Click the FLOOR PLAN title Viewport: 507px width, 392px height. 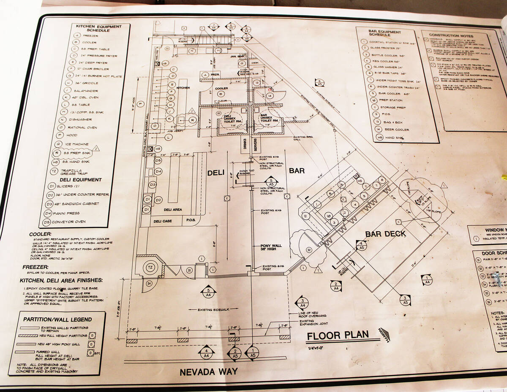(337, 336)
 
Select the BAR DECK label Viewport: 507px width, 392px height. (385, 234)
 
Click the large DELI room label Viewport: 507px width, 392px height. (218, 172)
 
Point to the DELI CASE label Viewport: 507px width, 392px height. (162, 221)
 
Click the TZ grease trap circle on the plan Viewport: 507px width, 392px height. (150, 268)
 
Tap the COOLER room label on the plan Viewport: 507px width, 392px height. (221, 88)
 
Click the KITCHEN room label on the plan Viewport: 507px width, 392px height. (183, 87)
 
